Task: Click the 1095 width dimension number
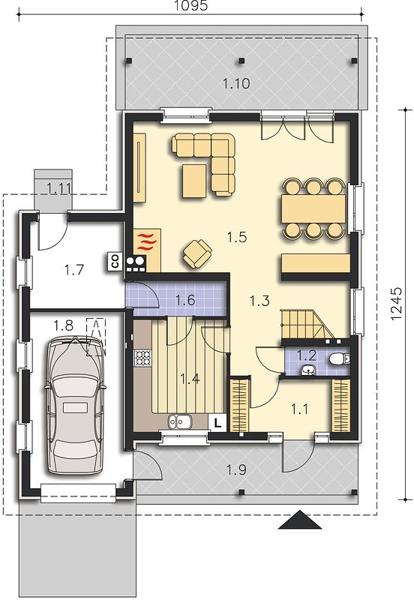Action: coord(190,5)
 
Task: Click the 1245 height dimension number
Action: coord(397,304)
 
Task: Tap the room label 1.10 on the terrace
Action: coord(236,83)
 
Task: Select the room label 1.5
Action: coord(236,237)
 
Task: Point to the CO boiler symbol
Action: coord(115,262)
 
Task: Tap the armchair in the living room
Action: coord(197,253)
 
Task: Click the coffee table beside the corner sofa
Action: coord(194,181)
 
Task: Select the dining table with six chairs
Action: coord(313,208)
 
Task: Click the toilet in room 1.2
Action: coord(339,359)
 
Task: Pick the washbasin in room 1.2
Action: coord(307,370)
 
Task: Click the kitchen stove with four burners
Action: coord(143,358)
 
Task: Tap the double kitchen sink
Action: coord(179,421)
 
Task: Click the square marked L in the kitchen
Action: coord(217,422)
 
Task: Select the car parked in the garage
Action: coord(76,406)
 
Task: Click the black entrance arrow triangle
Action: coord(299,520)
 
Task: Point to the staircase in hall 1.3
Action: coord(302,324)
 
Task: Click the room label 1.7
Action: coord(73,270)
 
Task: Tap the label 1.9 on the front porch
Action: coord(236,469)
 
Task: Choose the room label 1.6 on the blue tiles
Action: coord(185,300)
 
